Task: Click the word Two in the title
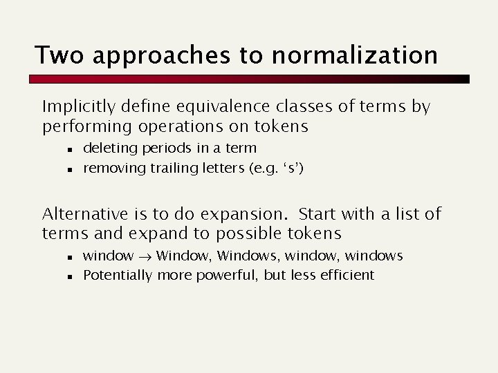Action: pos(59,55)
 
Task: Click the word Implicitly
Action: pos(78,108)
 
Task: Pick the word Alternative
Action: pos(85,214)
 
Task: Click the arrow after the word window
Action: pos(145,256)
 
